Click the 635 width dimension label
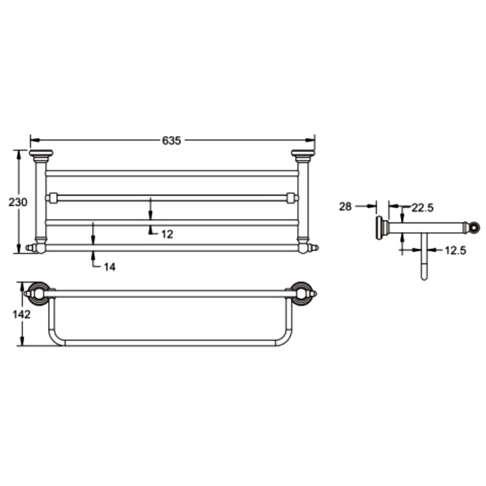pyautogui.click(x=172, y=140)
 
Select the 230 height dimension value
pyautogui.click(x=17, y=202)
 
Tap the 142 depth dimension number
pyautogui.click(x=21, y=314)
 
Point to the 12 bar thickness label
pyautogui.click(x=167, y=234)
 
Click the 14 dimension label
pyautogui.click(x=109, y=267)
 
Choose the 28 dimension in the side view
pyautogui.click(x=345, y=207)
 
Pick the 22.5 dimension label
pyautogui.click(x=422, y=208)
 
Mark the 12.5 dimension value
pyautogui.click(x=455, y=250)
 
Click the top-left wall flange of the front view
pyautogui.click(x=41, y=153)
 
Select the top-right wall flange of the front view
pyautogui.click(x=303, y=153)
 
